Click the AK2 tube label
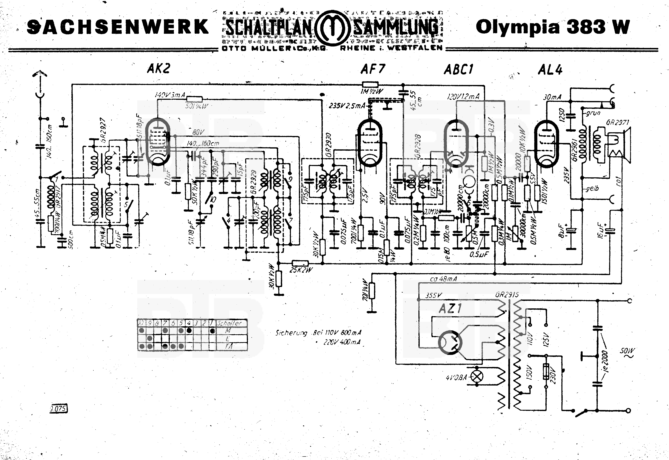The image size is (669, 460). pyautogui.click(x=159, y=69)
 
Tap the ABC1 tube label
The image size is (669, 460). pyautogui.click(x=459, y=70)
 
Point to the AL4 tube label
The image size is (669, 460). pyautogui.click(x=550, y=70)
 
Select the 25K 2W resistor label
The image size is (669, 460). pyautogui.click(x=301, y=270)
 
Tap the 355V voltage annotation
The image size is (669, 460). pyautogui.click(x=433, y=295)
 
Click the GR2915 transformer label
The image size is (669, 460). pyautogui.click(x=507, y=295)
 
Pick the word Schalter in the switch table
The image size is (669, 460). pyautogui.click(x=229, y=323)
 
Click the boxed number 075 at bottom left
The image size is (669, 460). pyautogui.click(x=59, y=409)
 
